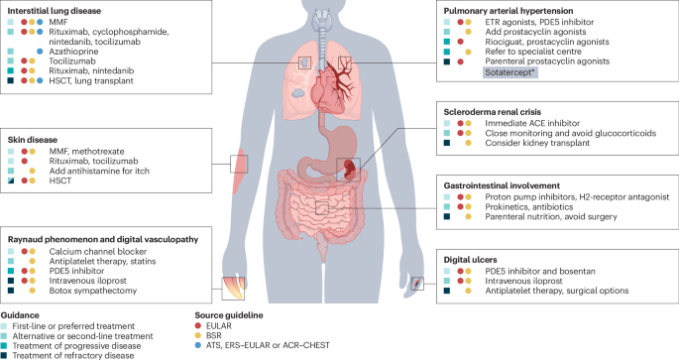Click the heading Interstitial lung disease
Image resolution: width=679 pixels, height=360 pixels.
point(55,11)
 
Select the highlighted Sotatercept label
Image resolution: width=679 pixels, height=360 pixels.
point(510,72)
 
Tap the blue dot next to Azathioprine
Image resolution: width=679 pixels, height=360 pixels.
point(40,52)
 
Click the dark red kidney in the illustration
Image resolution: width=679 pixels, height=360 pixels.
point(350,169)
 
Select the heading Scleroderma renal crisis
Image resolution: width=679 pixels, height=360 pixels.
point(493,112)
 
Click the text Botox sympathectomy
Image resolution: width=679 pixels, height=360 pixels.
point(92,291)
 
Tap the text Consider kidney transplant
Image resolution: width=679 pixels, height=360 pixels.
point(537,143)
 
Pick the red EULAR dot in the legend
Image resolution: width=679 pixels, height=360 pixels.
point(198,325)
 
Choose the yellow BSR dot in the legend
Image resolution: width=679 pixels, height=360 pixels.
point(198,336)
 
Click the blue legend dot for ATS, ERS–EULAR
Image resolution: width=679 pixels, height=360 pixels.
point(198,345)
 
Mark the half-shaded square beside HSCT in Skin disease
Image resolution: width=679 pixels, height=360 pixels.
point(11,180)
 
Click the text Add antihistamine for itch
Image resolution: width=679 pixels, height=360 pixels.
point(99,172)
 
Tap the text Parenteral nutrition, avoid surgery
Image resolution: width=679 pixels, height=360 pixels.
point(551,216)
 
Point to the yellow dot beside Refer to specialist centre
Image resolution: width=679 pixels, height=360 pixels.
point(468,52)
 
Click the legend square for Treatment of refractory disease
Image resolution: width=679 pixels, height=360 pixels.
point(4,355)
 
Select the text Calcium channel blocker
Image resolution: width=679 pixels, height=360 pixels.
point(98,252)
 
